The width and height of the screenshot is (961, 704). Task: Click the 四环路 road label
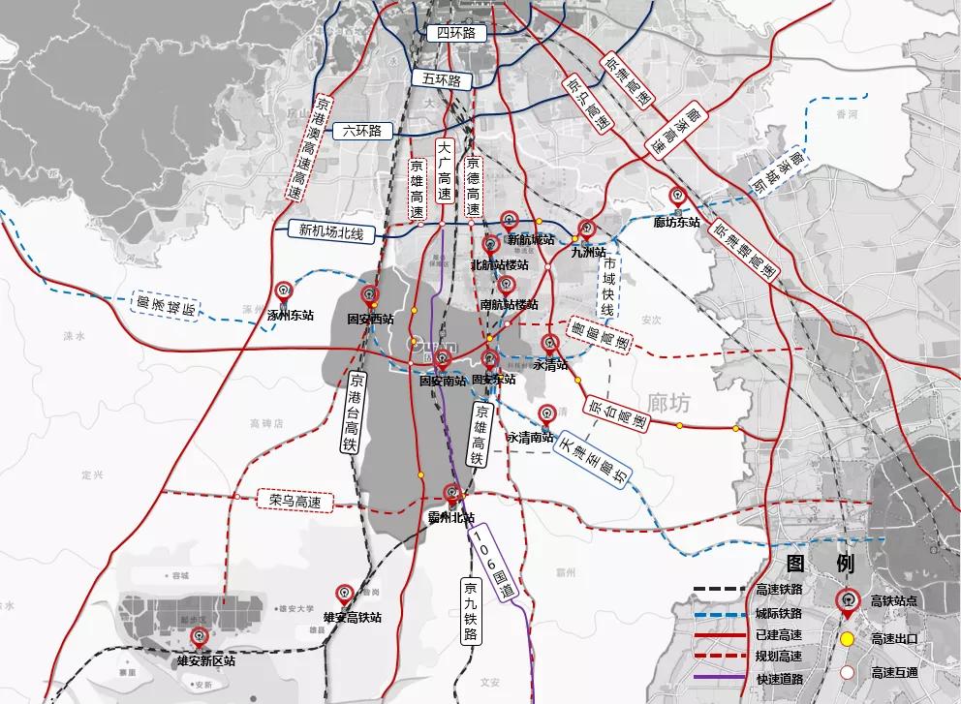pos(455,33)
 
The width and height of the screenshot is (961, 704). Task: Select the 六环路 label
pos(362,131)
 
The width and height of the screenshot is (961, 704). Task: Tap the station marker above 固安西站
pos(368,293)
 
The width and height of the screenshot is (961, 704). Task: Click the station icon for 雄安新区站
pos(201,636)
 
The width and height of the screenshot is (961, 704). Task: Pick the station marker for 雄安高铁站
pos(344,593)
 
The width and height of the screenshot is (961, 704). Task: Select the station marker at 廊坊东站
pos(677,197)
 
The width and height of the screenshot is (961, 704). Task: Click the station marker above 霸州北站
pos(450,492)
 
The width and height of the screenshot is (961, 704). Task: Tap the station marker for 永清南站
pos(547,413)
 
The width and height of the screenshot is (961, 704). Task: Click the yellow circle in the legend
pos(847,638)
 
